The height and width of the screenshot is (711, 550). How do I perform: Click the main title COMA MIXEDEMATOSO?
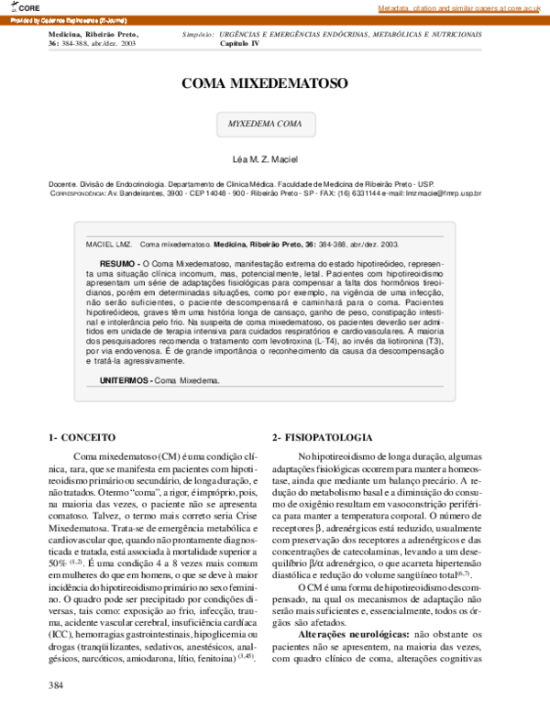tap(264, 83)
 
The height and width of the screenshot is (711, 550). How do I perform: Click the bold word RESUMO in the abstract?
tap(116, 263)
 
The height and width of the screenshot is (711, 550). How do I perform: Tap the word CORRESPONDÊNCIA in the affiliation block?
tap(77, 193)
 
